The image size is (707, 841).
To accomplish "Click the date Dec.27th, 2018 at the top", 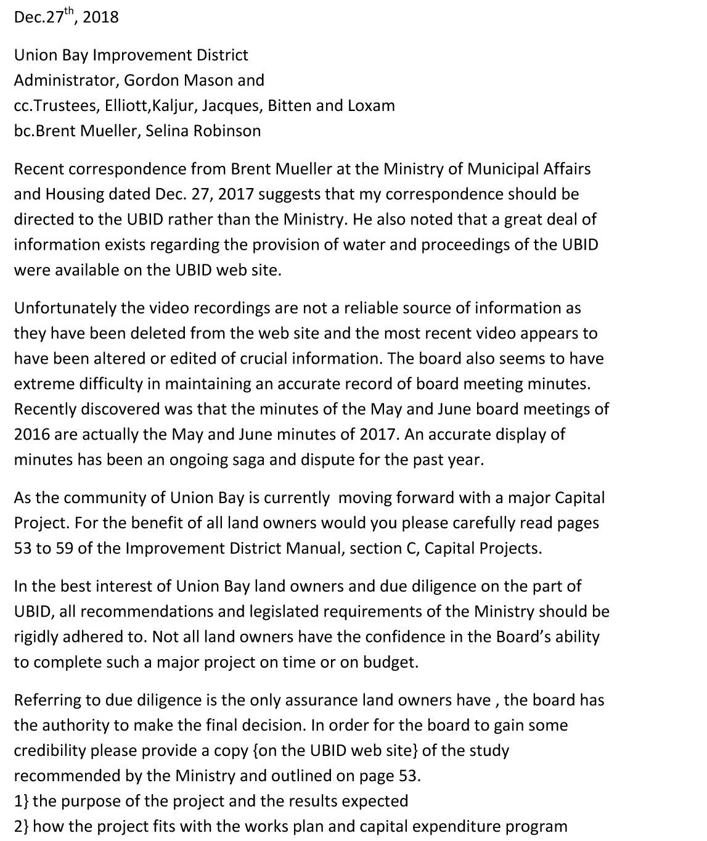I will (x=66, y=17).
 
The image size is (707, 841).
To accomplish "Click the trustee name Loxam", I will (x=371, y=105).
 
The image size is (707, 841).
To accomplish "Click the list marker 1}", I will (x=21, y=801).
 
